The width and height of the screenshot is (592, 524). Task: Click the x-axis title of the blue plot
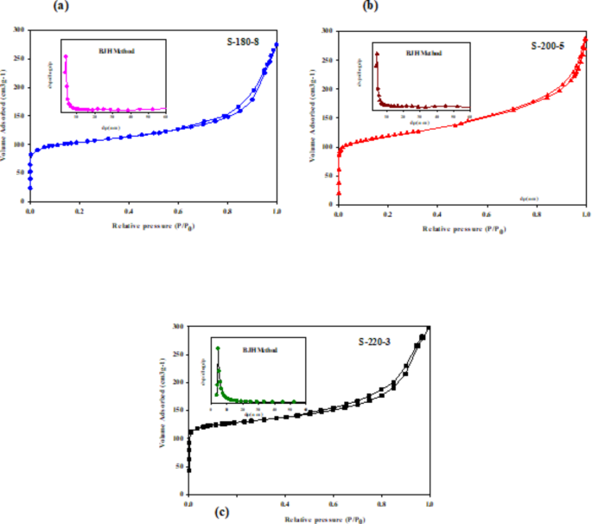(x=153, y=226)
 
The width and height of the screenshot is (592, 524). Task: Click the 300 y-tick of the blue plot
(x=18, y=30)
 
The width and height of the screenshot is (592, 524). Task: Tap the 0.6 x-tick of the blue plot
(x=178, y=211)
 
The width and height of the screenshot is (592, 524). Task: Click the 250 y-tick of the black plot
(x=178, y=355)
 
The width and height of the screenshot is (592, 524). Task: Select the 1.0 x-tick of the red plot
(x=585, y=211)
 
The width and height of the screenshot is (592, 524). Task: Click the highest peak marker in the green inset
(x=219, y=348)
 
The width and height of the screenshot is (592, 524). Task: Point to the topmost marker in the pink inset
(x=66, y=57)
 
